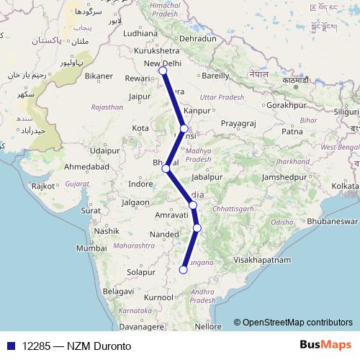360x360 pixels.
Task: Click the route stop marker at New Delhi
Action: coord(163,71)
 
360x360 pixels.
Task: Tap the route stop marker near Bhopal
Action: coord(166,169)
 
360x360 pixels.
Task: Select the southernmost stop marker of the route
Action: coord(183,270)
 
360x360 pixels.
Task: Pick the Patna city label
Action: coord(292,132)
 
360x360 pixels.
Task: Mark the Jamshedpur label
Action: coord(283,176)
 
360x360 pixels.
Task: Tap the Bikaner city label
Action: coord(99,76)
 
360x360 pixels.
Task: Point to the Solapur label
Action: coord(141,273)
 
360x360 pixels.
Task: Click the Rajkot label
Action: coord(43,186)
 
